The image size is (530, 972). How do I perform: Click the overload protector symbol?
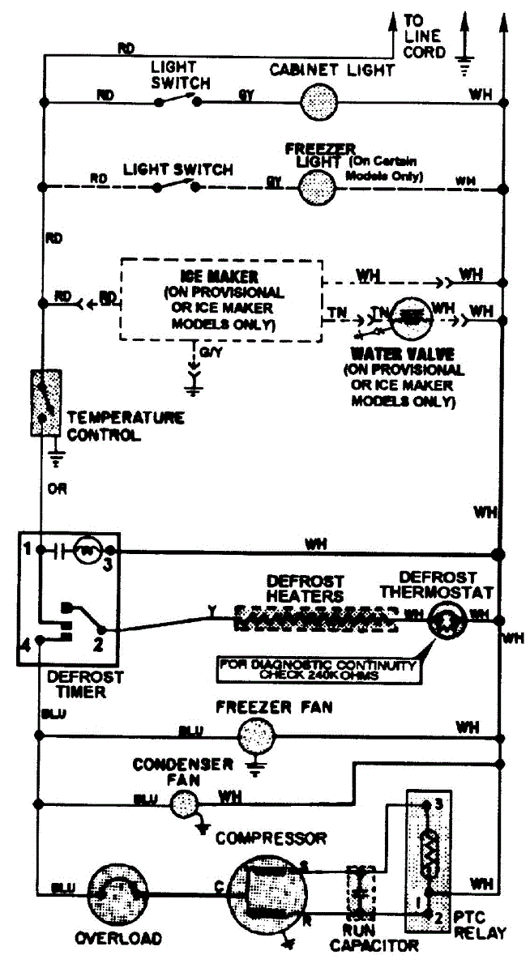117,893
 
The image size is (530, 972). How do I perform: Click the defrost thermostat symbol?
444,619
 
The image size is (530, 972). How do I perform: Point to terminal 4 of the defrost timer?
26,646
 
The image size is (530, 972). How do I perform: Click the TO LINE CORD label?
424,37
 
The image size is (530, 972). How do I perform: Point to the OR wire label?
57,490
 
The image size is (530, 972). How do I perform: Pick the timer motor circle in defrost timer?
86,551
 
